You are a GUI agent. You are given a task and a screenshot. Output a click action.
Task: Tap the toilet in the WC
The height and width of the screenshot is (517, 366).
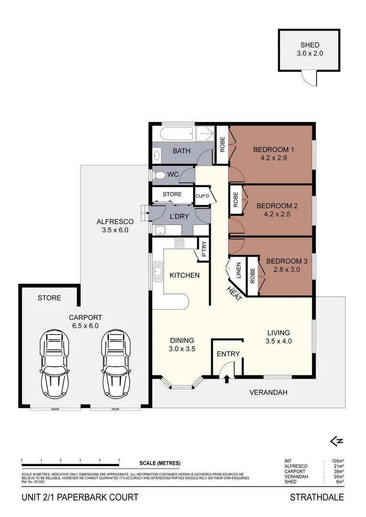coord(159,175)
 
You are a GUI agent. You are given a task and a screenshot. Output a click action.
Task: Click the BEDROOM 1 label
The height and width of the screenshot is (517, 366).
coord(274,150)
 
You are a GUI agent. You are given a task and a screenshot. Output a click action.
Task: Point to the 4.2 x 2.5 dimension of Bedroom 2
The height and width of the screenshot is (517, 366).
coord(277,214)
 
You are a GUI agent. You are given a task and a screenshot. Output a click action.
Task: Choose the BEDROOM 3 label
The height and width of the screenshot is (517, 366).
coord(286,261)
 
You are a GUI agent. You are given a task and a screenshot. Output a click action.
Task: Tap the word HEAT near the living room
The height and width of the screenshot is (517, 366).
coord(234,292)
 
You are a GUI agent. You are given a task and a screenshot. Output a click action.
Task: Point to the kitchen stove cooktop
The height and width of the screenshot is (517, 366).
coord(180,243)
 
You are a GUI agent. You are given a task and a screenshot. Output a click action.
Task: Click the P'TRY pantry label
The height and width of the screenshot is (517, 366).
coord(204,248)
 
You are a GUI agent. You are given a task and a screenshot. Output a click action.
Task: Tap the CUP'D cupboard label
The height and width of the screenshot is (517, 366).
coord(201,196)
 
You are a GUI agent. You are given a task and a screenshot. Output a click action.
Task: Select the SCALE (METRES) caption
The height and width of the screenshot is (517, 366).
coord(160,463)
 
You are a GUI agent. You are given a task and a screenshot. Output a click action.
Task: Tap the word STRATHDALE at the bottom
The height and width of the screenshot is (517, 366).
coord(317,497)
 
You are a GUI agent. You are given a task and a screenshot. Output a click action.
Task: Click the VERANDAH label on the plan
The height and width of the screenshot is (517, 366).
coord(268,393)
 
